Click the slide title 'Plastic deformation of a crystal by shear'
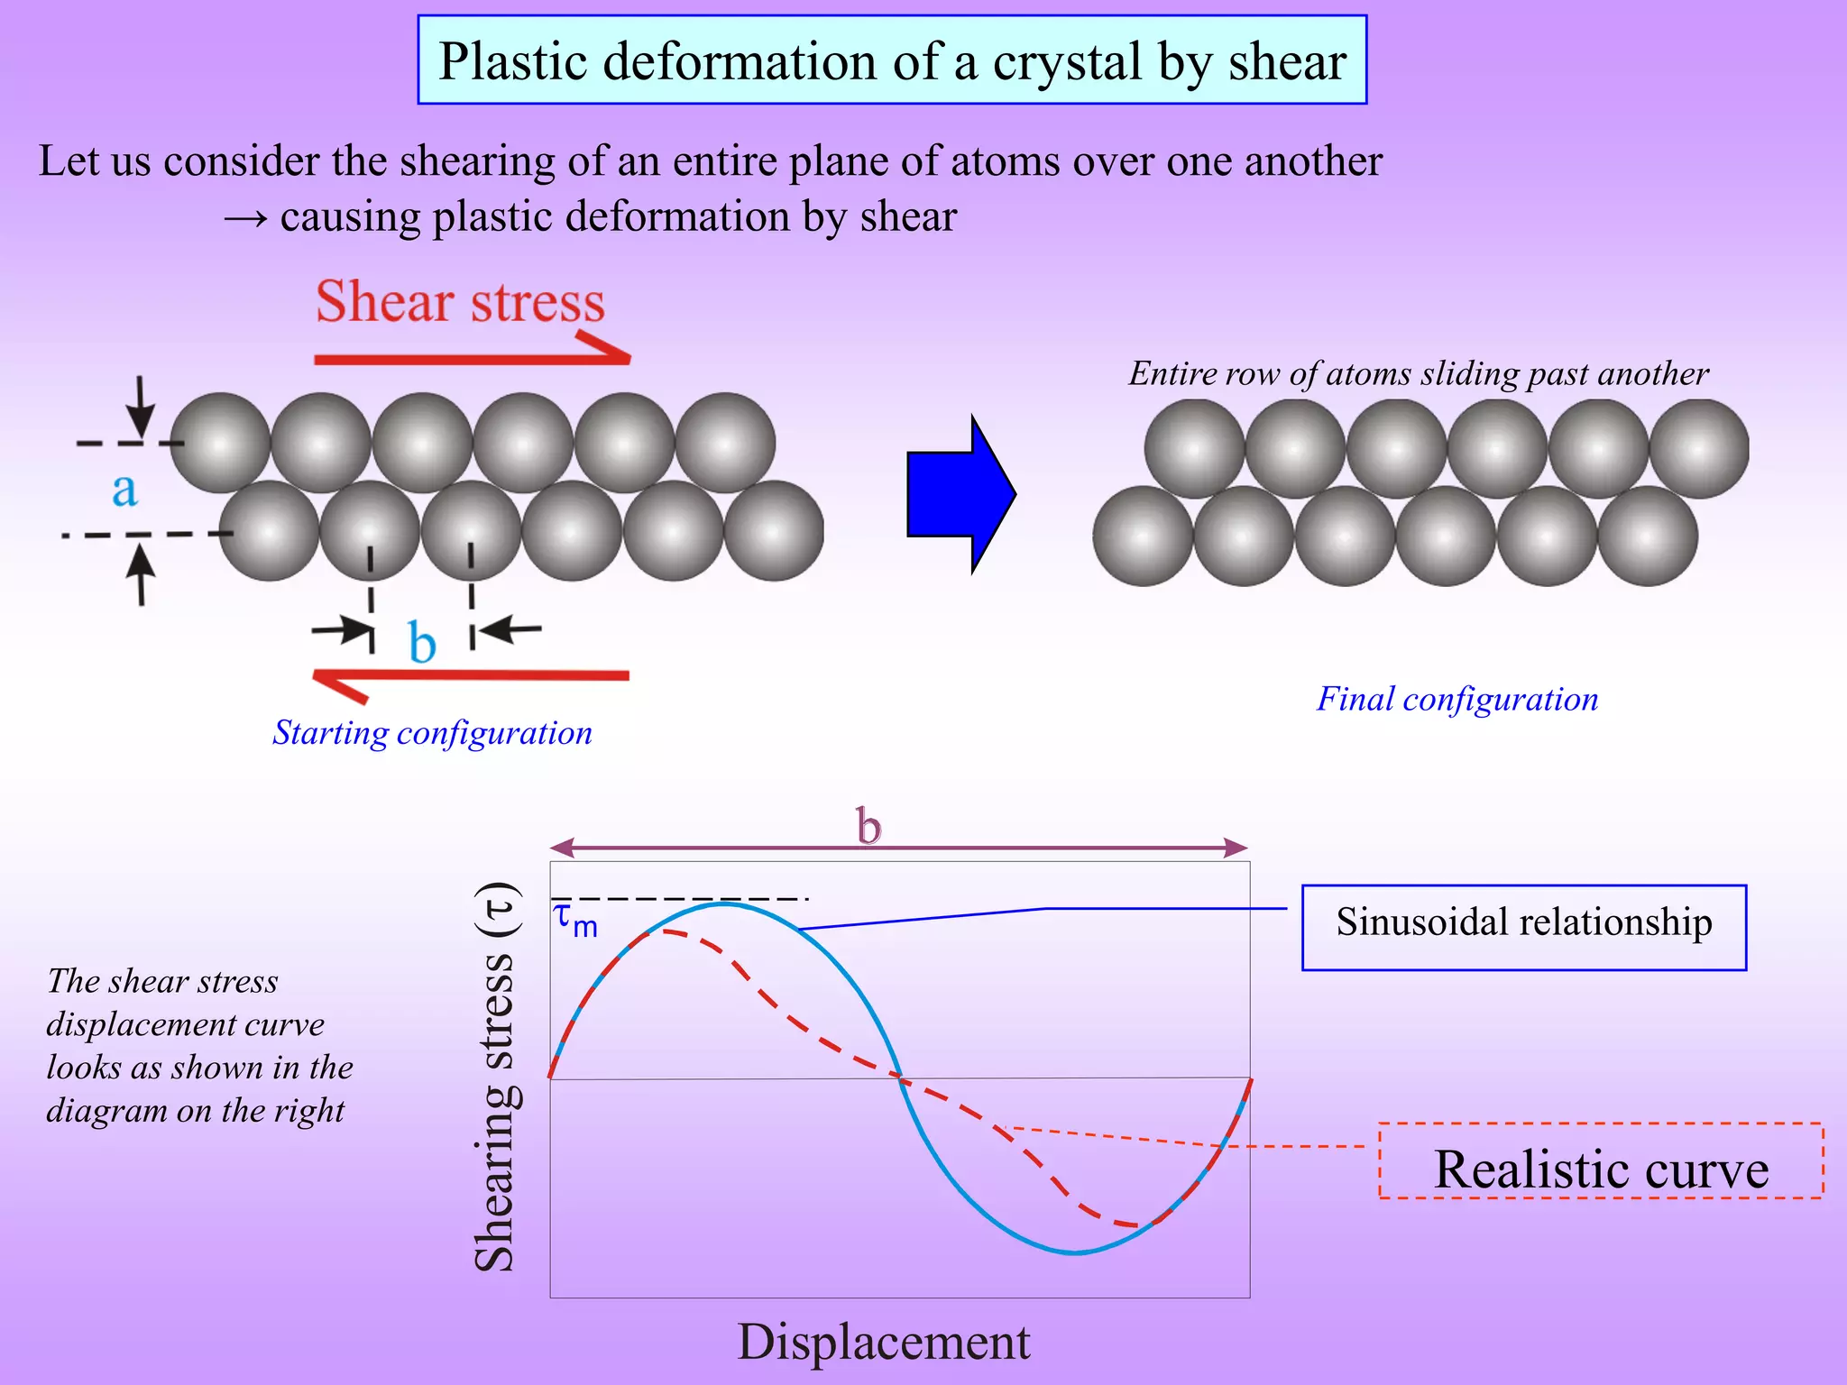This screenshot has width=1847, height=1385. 892,60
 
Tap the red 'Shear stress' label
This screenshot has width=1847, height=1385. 460,301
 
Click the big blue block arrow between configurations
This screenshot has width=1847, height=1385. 960,494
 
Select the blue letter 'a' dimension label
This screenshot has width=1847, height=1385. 124,490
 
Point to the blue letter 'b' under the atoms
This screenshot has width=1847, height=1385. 421,642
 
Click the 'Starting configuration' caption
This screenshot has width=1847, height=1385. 432,733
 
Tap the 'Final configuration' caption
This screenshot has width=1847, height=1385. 1456,699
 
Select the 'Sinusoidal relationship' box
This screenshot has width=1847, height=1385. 1523,926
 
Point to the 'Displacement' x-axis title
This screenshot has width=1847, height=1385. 883,1342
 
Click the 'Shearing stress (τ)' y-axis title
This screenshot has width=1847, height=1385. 495,1078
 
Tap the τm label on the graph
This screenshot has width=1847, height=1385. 574,920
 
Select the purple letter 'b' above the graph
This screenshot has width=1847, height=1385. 868,826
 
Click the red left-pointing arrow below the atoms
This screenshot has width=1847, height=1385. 469,677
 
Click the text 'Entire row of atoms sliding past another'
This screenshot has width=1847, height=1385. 1419,373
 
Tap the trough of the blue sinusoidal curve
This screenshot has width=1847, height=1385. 1075,1252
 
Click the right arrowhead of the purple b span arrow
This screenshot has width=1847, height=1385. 1236,848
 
